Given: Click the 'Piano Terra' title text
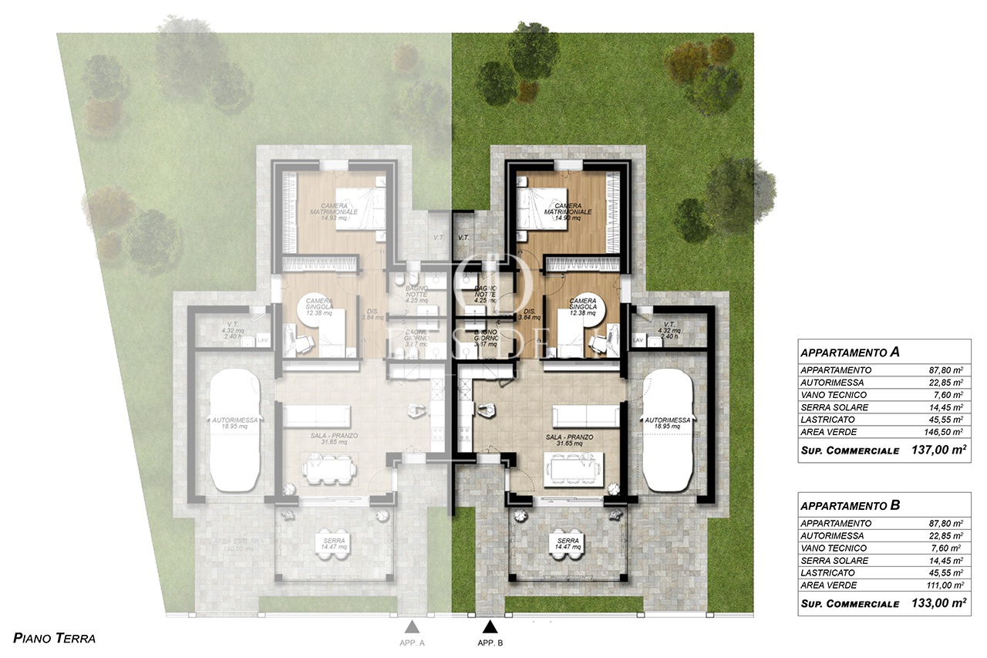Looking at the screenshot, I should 55,638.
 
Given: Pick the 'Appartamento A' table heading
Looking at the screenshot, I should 851,352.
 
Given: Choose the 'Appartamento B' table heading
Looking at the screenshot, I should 851,506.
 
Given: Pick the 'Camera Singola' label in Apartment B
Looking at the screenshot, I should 584,304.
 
